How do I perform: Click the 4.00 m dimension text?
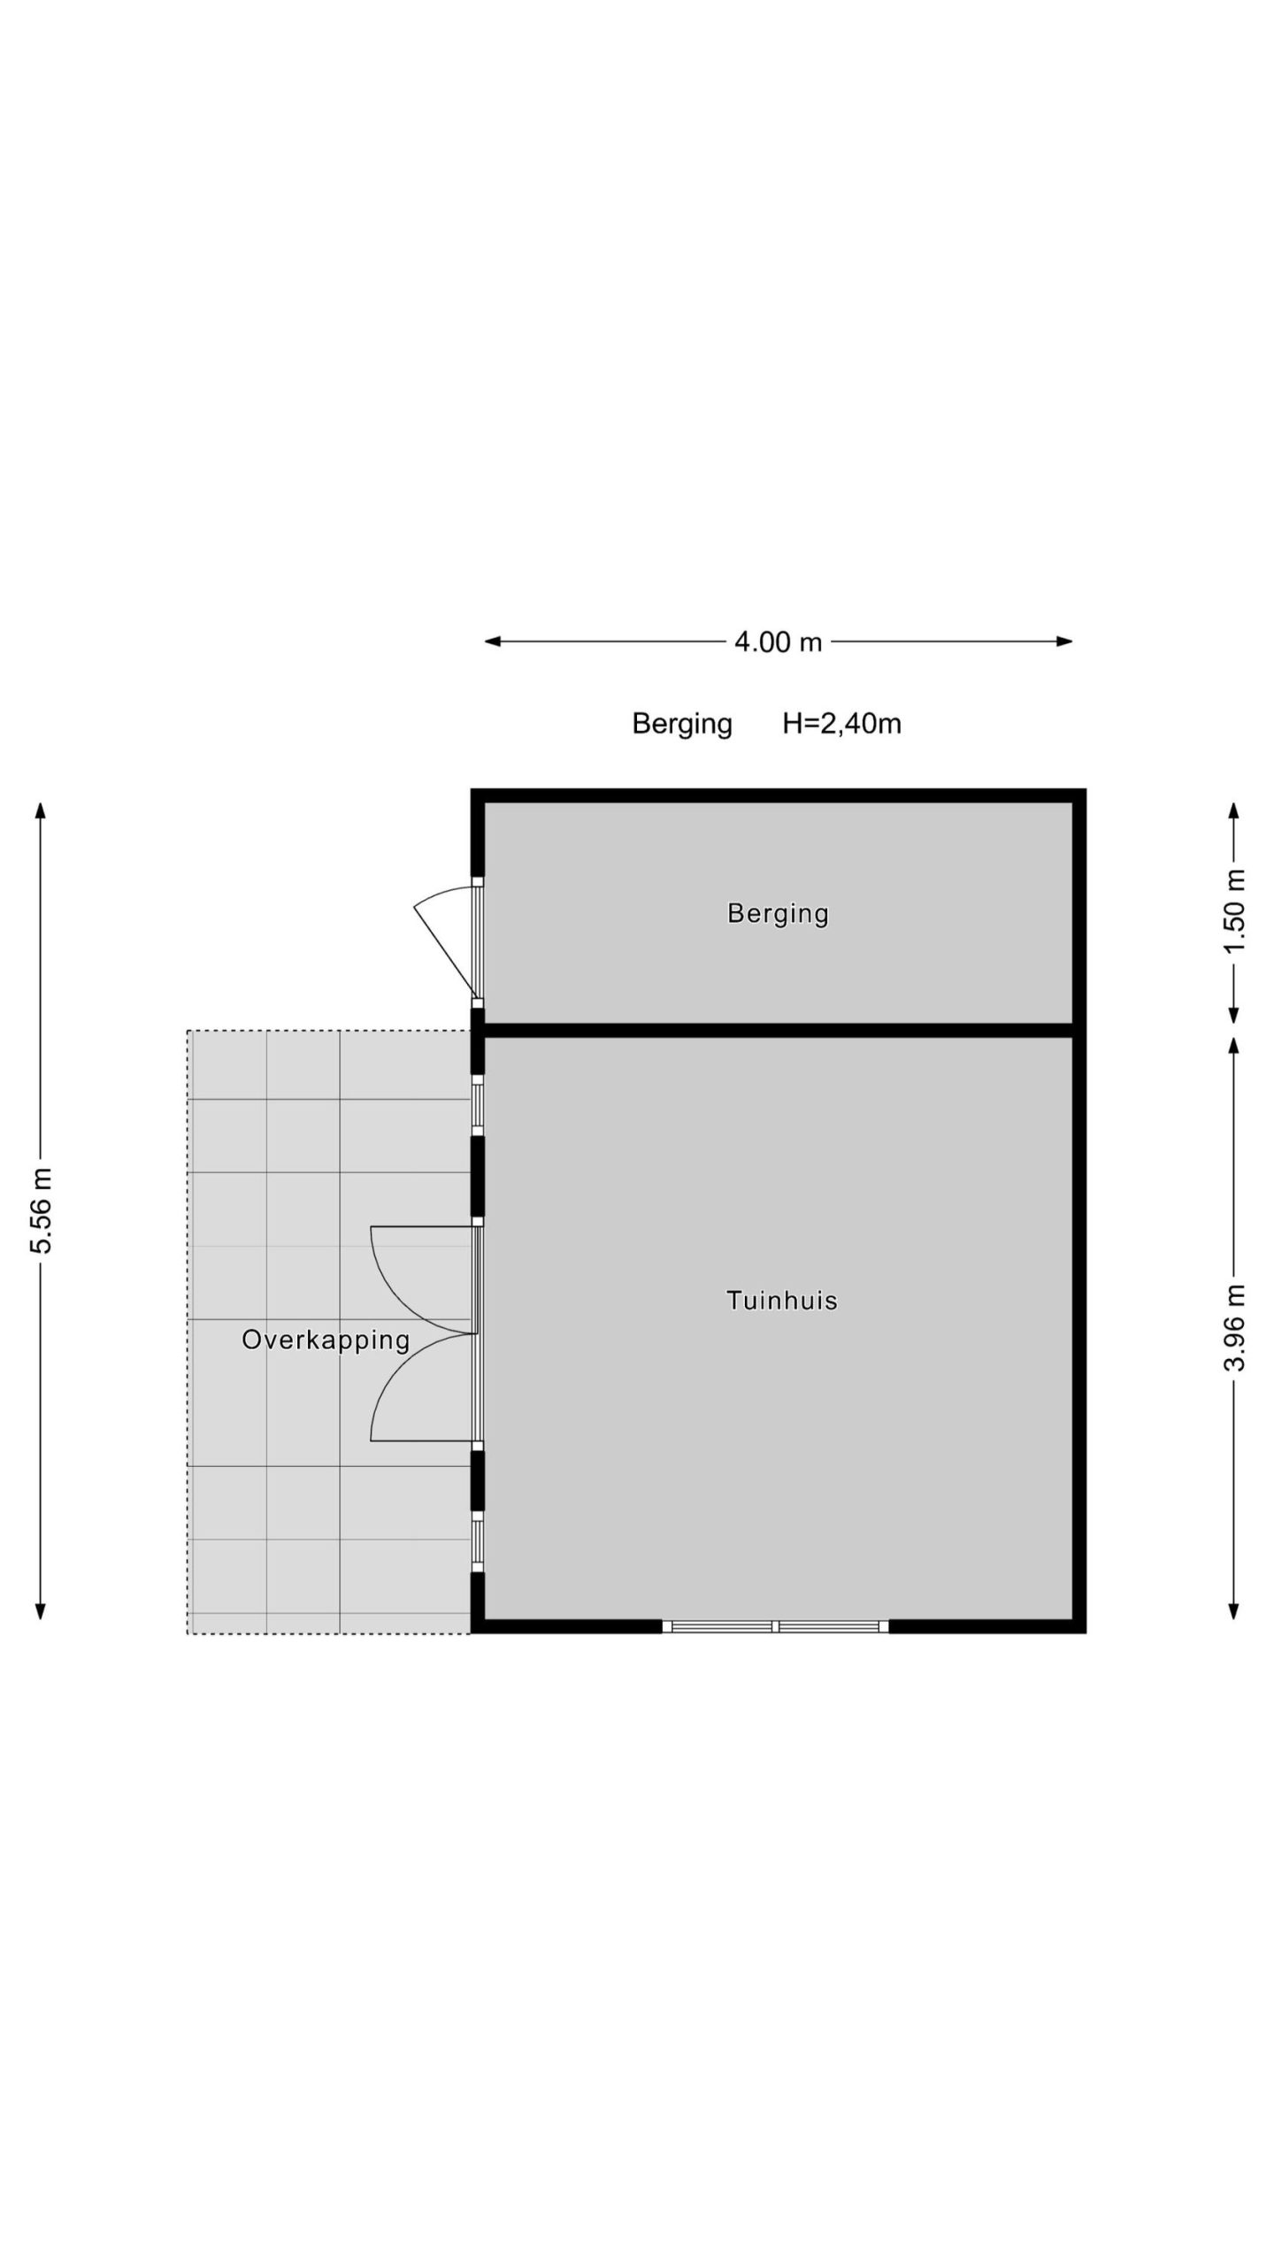coord(778,641)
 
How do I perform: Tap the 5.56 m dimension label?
coord(42,1209)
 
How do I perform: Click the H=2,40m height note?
coord(841,724)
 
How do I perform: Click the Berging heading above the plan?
coord(682,724)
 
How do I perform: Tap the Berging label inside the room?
coord(778,913)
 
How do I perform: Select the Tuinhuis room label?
coord(781,1300)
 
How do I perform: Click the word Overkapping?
coord(326,1340)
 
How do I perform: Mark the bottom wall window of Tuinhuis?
coord(775,1626)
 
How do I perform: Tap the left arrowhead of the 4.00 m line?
coord(493,641)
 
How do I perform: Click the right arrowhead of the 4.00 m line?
coord(1064,641)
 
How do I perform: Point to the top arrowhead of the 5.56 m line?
coord(41,810)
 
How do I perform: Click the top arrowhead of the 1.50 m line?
coord(1234,810)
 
